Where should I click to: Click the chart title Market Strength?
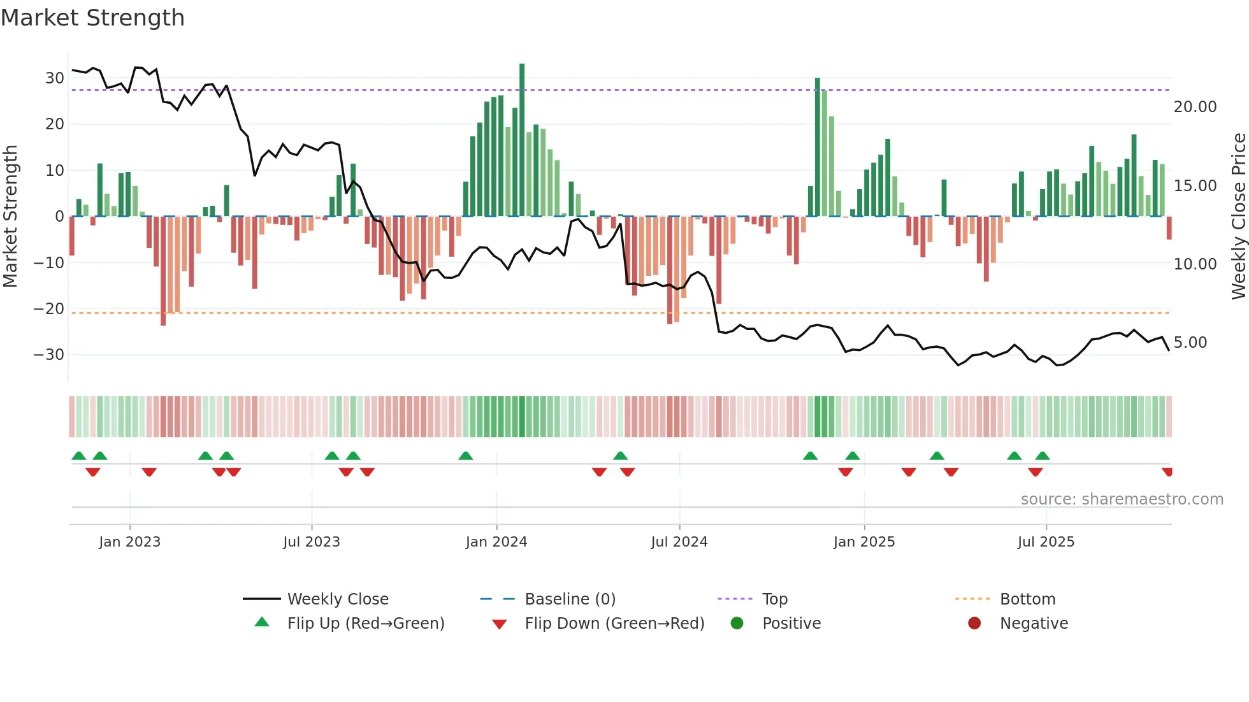tap(92, 18)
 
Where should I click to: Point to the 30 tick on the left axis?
tap(54, 78)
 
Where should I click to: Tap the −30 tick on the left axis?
tap(49, 355)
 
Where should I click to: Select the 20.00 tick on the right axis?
tap(1195, 107)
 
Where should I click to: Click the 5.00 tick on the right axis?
tap(1190, 343)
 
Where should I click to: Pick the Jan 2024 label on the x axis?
tap(496, 542)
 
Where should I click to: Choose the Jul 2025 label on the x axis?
tap(1045, 542)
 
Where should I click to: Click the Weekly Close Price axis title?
tap(1238, 217)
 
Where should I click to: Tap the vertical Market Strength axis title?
tap(10, 217)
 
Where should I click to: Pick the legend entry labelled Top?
tap(774, 599)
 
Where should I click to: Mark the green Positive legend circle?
tap(737, 624)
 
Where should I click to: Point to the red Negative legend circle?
tap(974, 624)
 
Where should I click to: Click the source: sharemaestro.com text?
tap(1122, 499)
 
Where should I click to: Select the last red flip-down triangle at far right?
tap(1167, 472)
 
